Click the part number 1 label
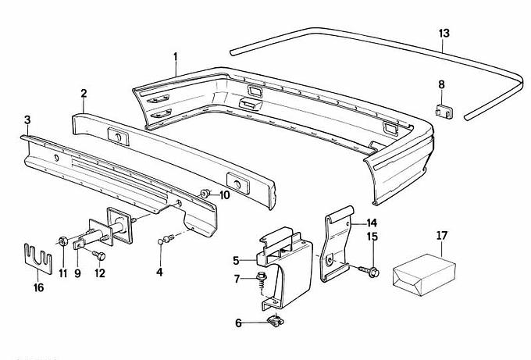(176, 56)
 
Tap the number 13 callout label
(444, 33)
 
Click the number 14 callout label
(371, 222)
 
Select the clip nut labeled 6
(273, 319)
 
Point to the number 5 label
(236, 259)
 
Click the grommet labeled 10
(205, 193)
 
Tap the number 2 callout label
(84, 94)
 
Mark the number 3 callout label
(27, 119)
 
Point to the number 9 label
(78, 273)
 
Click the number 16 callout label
(38, 287)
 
